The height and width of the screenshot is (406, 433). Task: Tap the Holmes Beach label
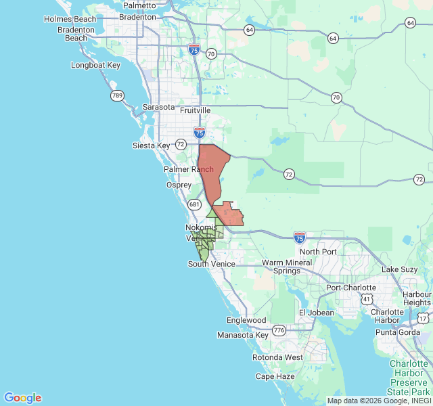[x=70, y=19]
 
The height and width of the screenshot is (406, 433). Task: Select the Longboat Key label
[x=95, y=66]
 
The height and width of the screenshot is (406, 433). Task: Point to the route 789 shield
[x=117, y=96]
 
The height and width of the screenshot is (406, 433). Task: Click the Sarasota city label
[x=159, y=108]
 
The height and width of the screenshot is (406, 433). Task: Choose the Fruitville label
[x=195, y=110]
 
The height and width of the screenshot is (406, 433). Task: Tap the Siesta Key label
[x=151, y=145]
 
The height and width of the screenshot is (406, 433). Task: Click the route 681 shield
[x=195, y=204]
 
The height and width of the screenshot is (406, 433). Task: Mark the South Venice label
[x=211, y=264]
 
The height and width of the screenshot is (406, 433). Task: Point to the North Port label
[x=318, y=252]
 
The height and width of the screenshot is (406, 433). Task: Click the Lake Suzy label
[x=399, y=269]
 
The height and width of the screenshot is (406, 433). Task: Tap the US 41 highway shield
[x=366, y=298]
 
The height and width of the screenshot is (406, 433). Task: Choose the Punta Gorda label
[x=398, y=332]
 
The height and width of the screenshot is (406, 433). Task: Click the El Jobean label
[x=316, y=313]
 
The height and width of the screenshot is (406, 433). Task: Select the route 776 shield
[x=279, y=330]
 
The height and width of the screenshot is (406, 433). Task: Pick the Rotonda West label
[x=277, y=357]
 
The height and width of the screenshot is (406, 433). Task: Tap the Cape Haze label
[x=274, y=376]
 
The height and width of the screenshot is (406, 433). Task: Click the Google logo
[x=22, y=398]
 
